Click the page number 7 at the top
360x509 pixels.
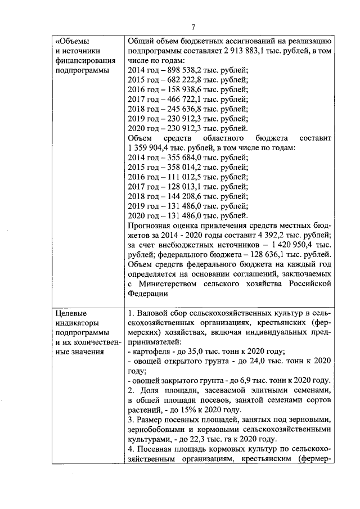pos(193,26)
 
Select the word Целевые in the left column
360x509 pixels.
pos(71,313)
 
